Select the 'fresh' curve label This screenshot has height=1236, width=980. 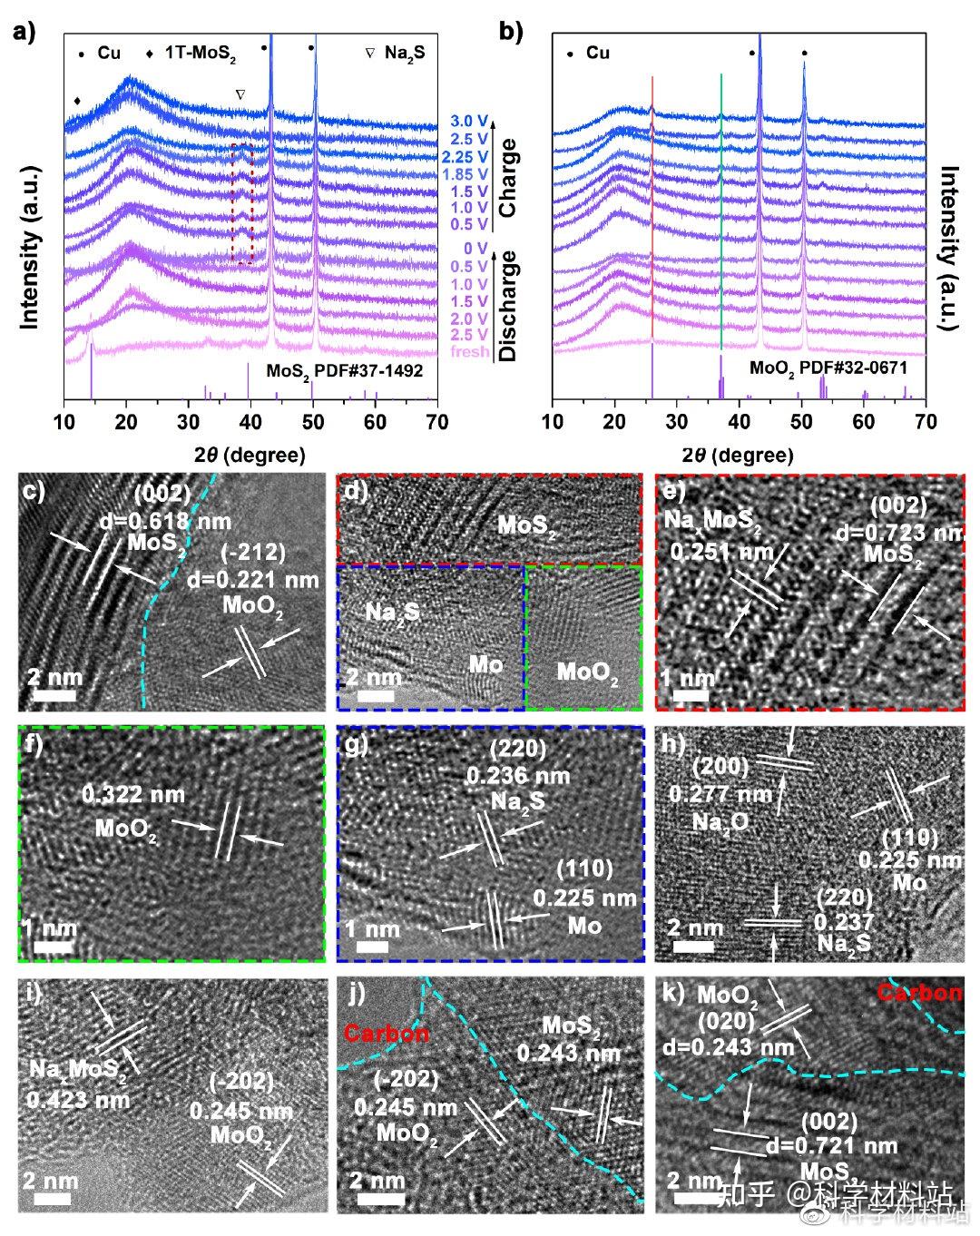coord(469,351)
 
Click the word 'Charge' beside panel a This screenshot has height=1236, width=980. coord(507,177)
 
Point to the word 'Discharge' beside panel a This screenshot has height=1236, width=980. coord(507,306)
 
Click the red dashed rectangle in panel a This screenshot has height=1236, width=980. coord(241,203)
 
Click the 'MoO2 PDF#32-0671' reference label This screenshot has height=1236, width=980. coord(828,369)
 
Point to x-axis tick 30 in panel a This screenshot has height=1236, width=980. coord(188,421)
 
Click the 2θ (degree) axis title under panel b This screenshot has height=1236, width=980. coord(738,454)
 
